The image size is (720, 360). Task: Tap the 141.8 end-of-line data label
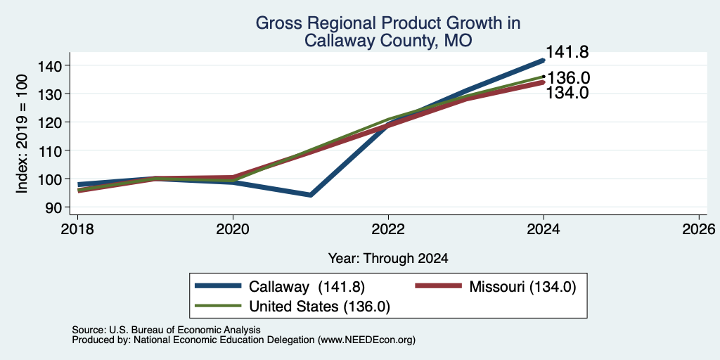click(x=567, y=52)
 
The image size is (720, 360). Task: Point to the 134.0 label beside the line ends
click(x=567, y=93)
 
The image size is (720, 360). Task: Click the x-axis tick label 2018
click(x=77, y=229)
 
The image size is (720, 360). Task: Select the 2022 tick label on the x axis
click(x=388, y=229)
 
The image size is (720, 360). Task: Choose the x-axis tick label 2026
click(x=699, y=229)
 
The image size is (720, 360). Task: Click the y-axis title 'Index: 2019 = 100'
click(x=22, y=134)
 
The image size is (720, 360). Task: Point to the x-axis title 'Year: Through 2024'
click(x=388, y=259)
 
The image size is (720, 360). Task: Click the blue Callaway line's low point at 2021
click(x=310, y=195)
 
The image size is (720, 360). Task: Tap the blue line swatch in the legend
click(x=218, y=286)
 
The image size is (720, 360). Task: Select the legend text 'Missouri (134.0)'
click(x=522, y=287)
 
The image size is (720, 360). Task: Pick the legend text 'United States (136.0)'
click(x=320, y=307)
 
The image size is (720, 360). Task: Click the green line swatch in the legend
click(x=218, y=305)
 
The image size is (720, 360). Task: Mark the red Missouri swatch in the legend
click(x=438, y=286)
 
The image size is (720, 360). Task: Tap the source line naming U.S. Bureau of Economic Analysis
click(x=166, y=330)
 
